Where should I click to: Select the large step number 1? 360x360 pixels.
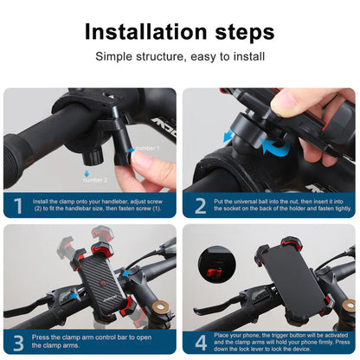coord(16,207)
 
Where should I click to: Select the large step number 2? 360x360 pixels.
coord(199,207)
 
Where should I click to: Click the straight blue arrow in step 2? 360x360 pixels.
coord(230,136)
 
